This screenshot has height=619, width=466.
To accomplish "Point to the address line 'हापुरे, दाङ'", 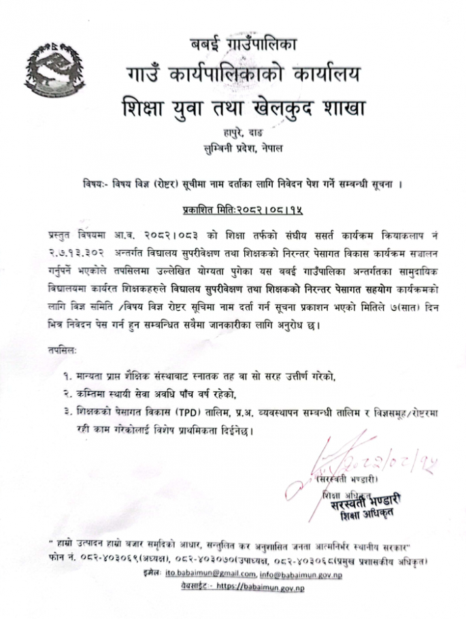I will pyautogui.click(x=243, y=133).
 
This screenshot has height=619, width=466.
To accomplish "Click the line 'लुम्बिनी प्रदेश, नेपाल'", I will pyautogui.click(x=243, y=148).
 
